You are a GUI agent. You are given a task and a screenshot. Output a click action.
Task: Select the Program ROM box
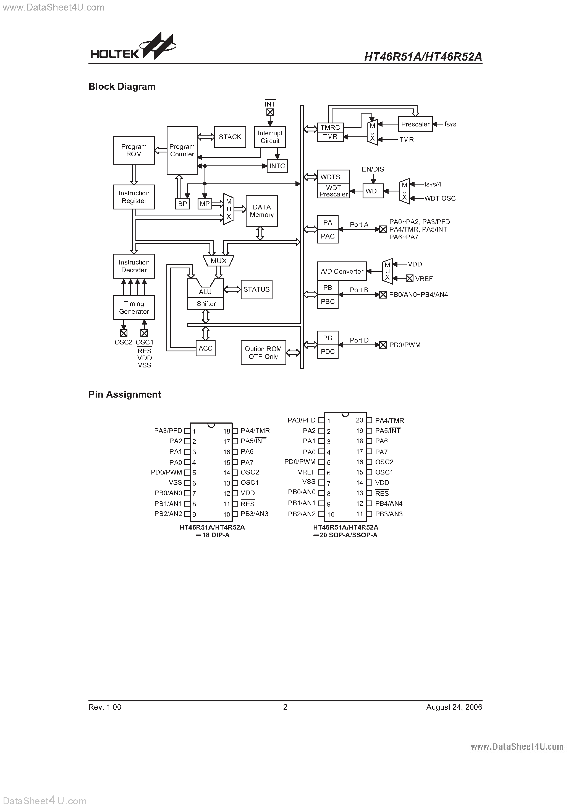(134, 151)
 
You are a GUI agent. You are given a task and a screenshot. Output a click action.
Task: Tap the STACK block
(230, 137)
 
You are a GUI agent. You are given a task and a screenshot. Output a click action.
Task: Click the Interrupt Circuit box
(270, 137)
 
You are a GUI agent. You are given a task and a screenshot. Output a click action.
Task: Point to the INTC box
(277, 166)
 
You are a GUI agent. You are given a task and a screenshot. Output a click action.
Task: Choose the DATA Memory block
(261, 211)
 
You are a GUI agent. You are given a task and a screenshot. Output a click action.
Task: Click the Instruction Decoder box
(134, 266)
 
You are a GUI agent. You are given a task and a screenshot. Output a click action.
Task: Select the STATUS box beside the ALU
(256, 289)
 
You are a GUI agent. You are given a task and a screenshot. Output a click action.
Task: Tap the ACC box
(206, 348)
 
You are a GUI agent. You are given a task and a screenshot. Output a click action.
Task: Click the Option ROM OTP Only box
(263, 353)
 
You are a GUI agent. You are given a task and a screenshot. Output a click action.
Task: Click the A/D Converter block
(342, 271)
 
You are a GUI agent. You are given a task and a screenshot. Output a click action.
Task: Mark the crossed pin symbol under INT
(270, 112)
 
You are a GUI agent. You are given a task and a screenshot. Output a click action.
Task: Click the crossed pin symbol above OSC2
(124, 333)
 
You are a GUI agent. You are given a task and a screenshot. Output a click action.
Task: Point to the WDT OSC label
(440, 198)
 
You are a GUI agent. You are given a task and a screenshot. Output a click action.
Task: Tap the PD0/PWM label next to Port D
(405, 345)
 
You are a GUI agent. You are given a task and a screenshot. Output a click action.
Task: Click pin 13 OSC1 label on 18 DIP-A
(250, 483)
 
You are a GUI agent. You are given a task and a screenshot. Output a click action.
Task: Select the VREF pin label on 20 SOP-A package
(306, 472)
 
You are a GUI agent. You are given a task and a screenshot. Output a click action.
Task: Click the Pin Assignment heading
(125, 394)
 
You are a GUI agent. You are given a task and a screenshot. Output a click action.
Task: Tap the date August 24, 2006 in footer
(454, 707)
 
